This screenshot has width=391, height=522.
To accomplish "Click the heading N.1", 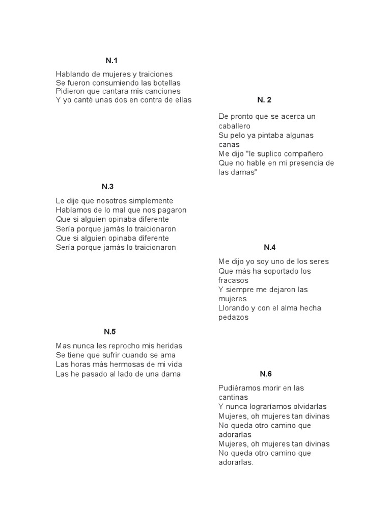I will [x=111, y=61].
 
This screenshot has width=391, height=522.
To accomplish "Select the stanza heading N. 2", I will [x=264, y=100].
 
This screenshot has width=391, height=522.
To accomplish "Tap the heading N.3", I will [x=107, y=187].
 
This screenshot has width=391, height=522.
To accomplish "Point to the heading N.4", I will [x=269, y=248].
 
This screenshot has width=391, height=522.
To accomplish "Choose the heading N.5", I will [x=110, y=332].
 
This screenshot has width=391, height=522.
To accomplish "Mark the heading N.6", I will [x=266, y=374].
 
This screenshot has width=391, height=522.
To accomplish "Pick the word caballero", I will [x=235, y=125].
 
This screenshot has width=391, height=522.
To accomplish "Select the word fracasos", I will [x=234, y=280].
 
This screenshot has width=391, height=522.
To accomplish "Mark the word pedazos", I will [x=234, y=317].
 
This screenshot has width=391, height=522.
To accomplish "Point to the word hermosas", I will [x=120, y=364].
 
